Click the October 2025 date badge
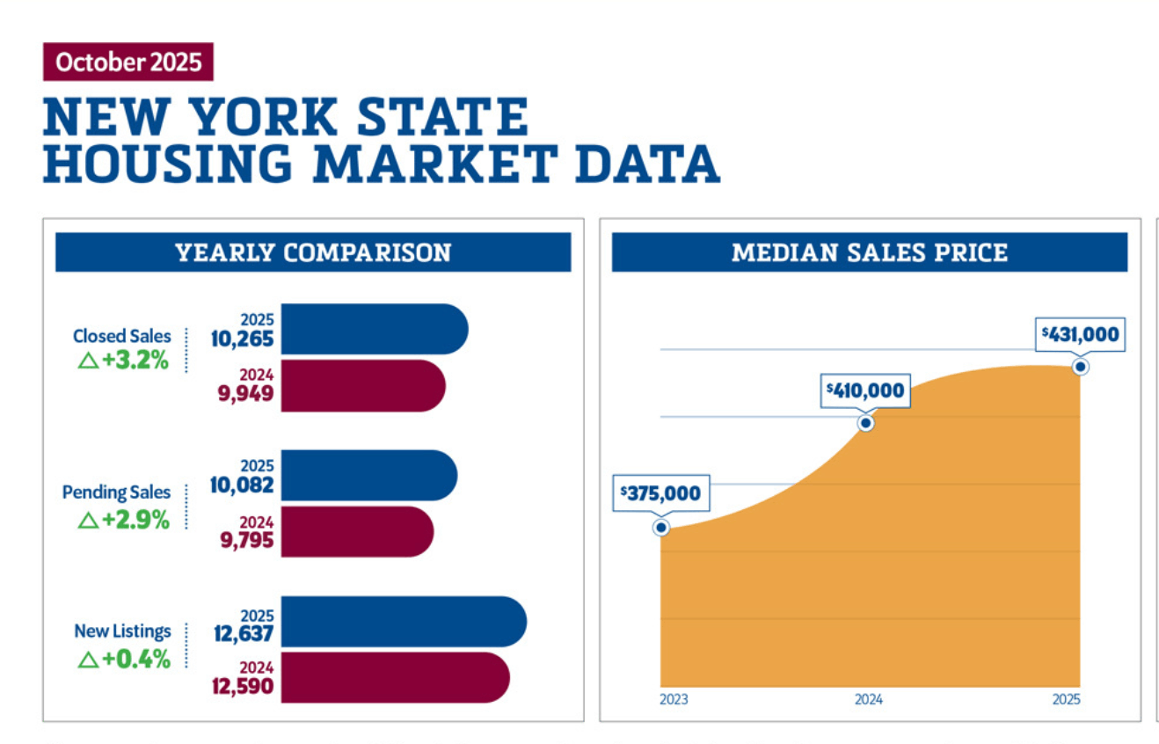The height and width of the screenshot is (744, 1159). (x=128, y=62)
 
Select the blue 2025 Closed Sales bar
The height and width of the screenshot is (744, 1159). (x=374, y=329)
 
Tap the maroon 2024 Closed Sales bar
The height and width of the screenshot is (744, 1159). (x=362, y=385)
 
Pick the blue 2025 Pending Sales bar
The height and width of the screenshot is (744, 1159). (x=368, y=476)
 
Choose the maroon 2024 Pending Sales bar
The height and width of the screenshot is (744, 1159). (x=356, y=531)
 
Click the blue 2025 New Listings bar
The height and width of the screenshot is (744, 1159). (x=403, y=622)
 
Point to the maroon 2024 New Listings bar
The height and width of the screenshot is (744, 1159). (x=394, y=677)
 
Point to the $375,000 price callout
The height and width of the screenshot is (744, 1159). (x=660, y=493)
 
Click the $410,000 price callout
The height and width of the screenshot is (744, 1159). (x=864, y=390)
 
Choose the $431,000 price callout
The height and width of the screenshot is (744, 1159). (x=1080, y=334)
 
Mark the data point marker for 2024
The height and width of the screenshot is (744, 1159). (x=866, y=423)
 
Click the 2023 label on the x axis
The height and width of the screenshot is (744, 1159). (x=674, y=700)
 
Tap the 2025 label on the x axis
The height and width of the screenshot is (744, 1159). (x=1067, y=700)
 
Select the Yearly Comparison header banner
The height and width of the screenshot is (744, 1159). (x=313, y=253)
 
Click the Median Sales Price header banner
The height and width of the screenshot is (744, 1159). (x=869, y=253)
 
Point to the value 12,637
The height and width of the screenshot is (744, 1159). (x=244, y=632)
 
